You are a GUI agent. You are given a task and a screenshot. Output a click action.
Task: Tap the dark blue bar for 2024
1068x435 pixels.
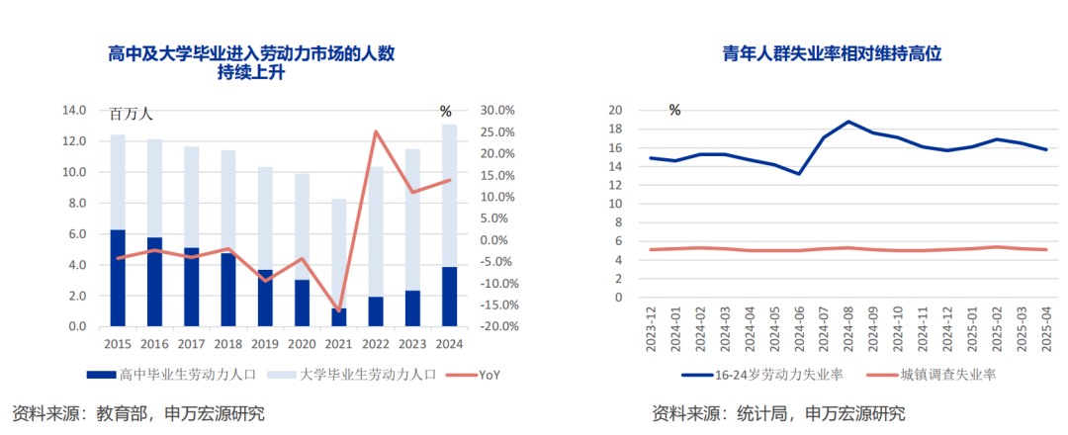coord(449,297)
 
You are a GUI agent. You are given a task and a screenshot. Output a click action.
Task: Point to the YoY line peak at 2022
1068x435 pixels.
coord(376,131)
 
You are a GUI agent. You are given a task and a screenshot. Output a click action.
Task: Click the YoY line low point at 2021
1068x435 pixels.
coord(339,311)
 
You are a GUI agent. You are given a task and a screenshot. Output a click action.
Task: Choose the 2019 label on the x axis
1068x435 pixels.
coord(265,344)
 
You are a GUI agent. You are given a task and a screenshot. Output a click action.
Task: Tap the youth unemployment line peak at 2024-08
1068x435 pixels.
coord(848,122)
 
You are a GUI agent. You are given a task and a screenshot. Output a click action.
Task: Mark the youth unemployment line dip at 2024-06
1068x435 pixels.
coord(799,174)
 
